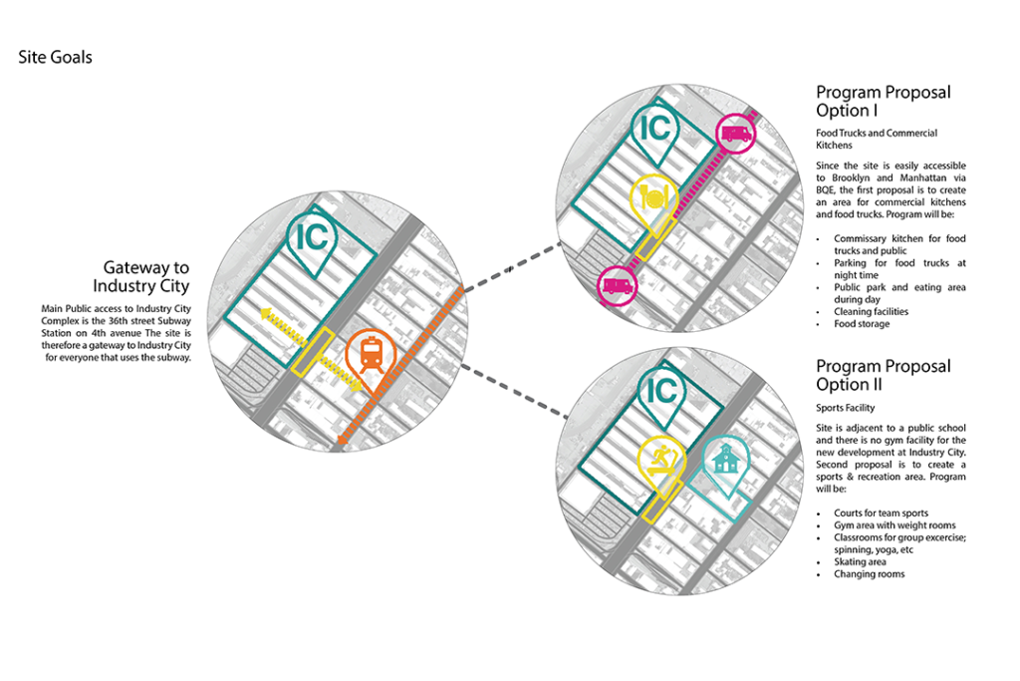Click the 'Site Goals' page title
point(55,57)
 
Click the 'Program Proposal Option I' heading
point(883,101)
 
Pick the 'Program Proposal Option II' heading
point(883,375)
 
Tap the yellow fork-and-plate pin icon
point(653,198)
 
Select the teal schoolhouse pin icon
point(725,460)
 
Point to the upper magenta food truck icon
point(736,133)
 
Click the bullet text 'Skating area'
point(860,562)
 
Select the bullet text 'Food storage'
point(862,324)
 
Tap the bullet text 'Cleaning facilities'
point(871,312)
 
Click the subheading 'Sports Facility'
point(846,408)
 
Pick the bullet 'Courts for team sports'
point(886,512)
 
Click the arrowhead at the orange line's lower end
point(342,442)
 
